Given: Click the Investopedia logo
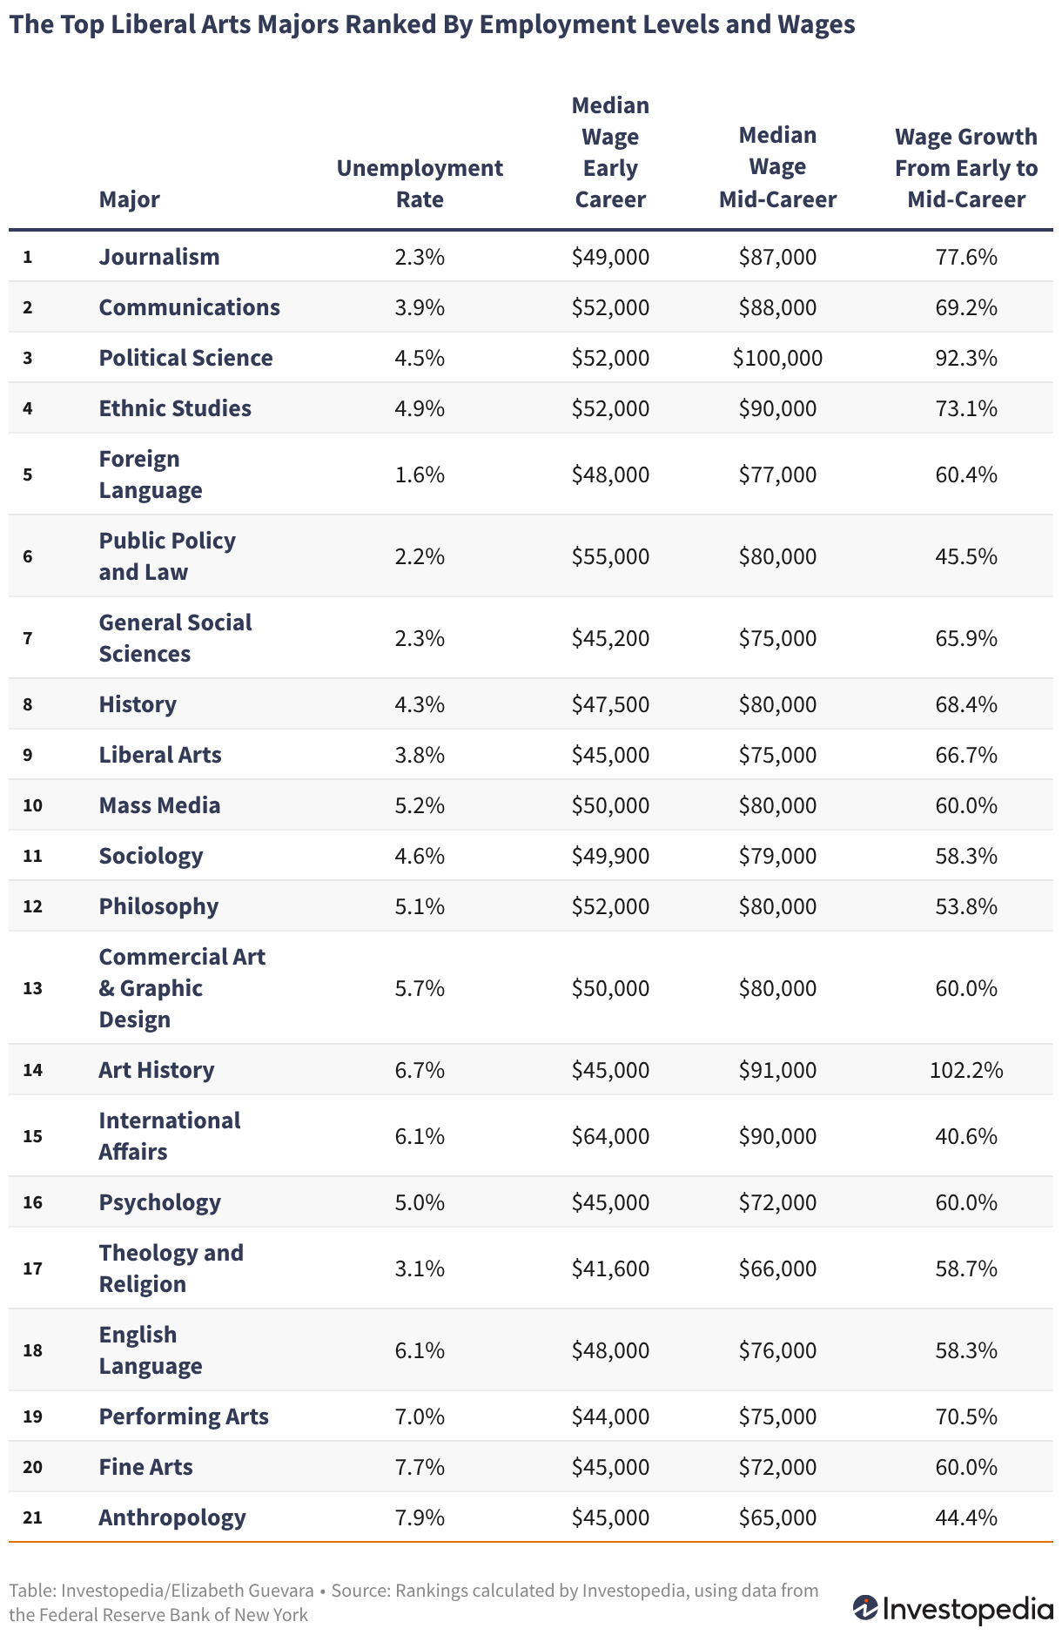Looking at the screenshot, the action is click(x=952, y=1608).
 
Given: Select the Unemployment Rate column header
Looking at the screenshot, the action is click(x=420, y=184).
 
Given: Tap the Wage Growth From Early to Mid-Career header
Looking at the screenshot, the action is click(x=966, y=168).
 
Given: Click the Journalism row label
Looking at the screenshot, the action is click(x=159, y=257).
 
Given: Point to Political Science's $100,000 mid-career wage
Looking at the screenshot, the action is click(x=777, y=358).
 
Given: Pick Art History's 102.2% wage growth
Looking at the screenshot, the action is click(x=966, y=1070).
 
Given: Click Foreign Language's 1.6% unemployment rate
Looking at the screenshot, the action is click(x=420, y=474).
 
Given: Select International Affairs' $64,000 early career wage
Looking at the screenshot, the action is click(x=610, y=1136).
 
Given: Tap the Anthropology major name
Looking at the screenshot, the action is click(x=172, y=1517).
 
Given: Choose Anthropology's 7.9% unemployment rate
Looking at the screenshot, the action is click(x=420, y=1517).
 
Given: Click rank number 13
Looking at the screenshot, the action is click(x=32, y=988).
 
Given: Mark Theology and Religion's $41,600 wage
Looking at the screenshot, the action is click(x=610, y=1268).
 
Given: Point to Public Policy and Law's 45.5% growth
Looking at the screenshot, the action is click(x=966, y=556).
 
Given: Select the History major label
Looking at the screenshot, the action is click(x=138, y=704).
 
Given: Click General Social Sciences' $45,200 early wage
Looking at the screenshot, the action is click(x=610, y=638).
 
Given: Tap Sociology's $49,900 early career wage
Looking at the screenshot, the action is click(x=610, y=856).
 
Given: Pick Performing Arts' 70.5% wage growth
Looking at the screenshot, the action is click(x=966, y=1416).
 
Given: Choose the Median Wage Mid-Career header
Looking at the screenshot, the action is click(x=777, y=168).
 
